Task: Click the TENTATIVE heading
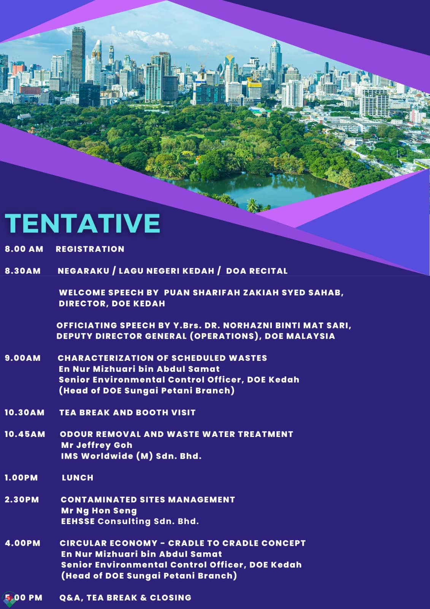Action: [82, 223]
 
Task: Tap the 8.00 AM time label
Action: [24, 249]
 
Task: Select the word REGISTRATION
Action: [90, 249]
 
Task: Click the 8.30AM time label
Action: [22, 271]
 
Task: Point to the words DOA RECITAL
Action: [257, 271]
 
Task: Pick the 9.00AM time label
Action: [22, 358]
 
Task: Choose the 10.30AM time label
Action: [24, 413]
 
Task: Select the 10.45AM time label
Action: [25, 434]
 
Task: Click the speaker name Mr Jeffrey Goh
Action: [97, 445]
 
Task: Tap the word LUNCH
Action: [78, 478]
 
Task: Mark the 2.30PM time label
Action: [22, 499]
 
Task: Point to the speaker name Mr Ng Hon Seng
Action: [99, 510]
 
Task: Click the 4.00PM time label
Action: [22, 543]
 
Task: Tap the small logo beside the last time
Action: [9, 599]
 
